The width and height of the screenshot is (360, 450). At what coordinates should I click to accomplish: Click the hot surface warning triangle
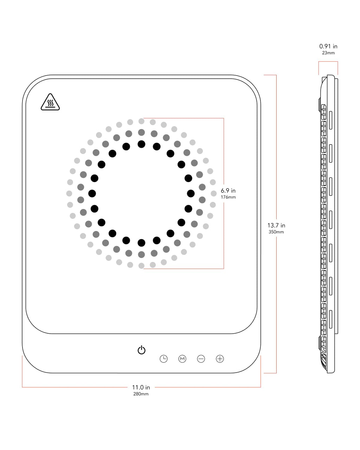(x=50, y=102)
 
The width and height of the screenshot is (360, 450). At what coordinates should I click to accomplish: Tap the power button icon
(x=141, y=350)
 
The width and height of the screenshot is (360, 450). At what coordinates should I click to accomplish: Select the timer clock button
(x=163, y=359)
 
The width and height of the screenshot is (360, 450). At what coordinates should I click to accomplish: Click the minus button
(x=201, y=359)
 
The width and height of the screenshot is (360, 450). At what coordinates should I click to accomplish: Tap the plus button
(x=220, y=359)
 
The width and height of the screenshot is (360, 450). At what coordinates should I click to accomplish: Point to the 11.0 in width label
(x=141, y=387)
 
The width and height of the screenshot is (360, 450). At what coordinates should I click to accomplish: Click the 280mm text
(x=141, y=394)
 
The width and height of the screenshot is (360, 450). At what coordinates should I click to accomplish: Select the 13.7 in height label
(x=276, y=225)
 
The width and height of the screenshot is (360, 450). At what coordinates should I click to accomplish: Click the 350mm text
(x=276, y=232)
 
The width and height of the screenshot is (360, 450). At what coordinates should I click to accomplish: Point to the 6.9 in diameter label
(x=228, y=191)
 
